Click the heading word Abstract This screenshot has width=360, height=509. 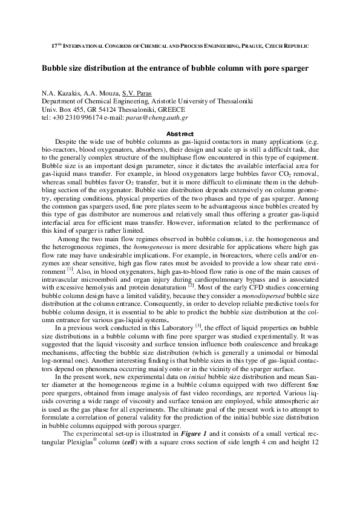click(x=180, y=134)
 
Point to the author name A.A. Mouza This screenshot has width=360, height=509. click(x=100, y=92)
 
